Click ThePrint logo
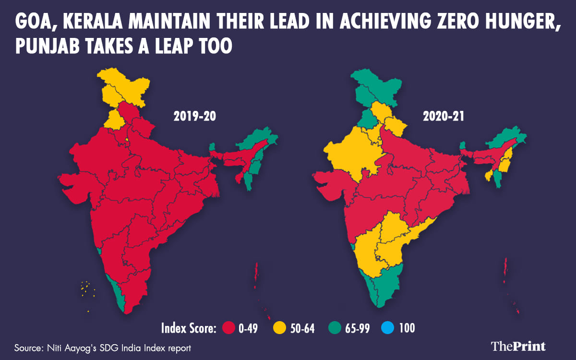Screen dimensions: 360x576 coord(518,346)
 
